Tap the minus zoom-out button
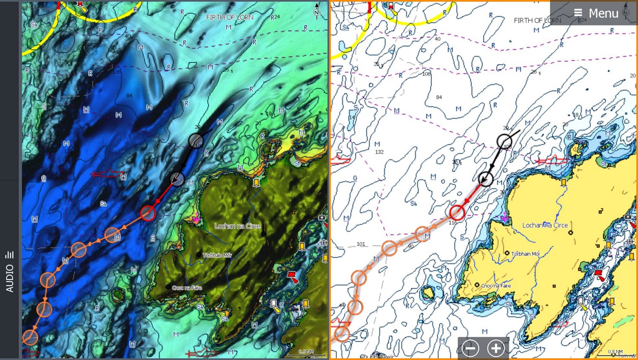point(470,348)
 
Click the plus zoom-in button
point(496,348)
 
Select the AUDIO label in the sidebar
point(10,278)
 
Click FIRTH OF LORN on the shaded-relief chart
point(230,17)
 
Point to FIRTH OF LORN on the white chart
point(537,20)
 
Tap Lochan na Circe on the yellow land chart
point(545,225)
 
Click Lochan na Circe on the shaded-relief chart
point(237,226)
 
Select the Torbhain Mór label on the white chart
point(525,254)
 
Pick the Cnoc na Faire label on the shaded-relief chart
point(187,288)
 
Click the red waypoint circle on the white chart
point(457,212)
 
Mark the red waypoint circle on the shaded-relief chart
point(148,212)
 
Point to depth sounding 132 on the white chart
point(379,152)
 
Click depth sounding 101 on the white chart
point(361,244)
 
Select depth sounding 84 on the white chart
point(439,97)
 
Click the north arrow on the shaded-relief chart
point(316,10)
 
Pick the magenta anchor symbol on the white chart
point(504,218)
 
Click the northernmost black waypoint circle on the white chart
point(504,141)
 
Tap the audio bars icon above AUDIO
point(10,255)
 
